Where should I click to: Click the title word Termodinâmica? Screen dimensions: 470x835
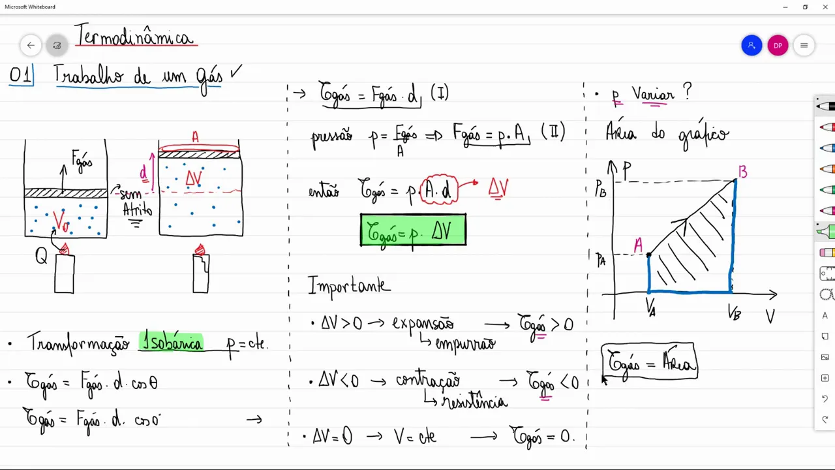(x=135, y=37)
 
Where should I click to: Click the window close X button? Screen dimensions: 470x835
(x=825, y=7)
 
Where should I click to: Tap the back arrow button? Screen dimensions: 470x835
(x=31, y=45)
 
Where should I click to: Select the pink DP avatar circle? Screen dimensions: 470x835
(x=778, y=45)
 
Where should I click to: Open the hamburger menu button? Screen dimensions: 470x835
(x=804, y=45)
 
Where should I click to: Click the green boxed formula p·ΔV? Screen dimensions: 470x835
(x=413, y=230)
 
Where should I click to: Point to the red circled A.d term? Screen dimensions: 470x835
(x=440, y=190)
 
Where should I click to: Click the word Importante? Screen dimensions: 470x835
(x=349, y=285)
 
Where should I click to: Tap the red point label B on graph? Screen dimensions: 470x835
(x=742, y=172)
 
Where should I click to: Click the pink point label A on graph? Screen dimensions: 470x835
(x=638, y=245)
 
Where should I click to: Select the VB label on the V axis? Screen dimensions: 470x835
(x=735, y=313)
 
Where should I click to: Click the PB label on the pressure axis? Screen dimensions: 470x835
(x=601, y=189)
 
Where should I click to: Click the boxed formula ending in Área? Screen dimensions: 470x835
(x=649, y=361)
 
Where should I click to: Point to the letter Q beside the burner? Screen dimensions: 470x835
(x=41, y=257)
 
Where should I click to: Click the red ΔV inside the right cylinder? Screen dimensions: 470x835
(x=194, y=178)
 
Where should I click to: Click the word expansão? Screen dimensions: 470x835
(x=422, y=323)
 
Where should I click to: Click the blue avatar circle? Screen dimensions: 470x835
(x=751, y=45)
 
